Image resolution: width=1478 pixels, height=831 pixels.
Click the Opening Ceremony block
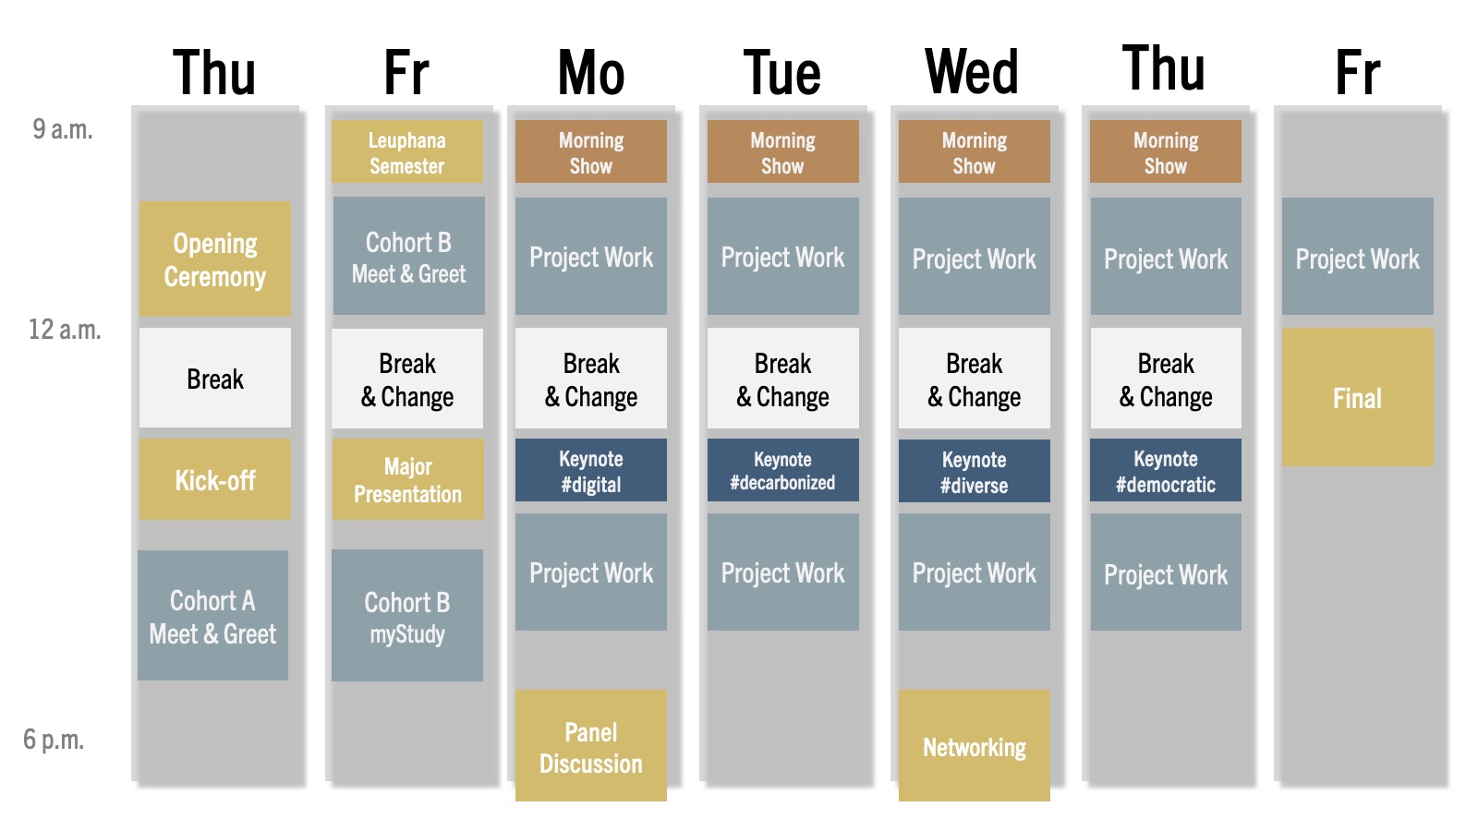215,259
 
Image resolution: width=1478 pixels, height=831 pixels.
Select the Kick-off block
215,479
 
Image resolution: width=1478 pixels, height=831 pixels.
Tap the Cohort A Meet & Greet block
213,615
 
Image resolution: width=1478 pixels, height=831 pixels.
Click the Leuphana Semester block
407,151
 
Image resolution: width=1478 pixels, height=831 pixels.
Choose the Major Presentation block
407,479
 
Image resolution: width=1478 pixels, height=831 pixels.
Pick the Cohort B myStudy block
407,615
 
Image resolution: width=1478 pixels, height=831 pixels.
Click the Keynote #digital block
591,470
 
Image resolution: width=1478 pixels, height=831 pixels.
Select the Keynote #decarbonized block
783,470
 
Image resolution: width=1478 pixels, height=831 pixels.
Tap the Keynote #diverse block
975,471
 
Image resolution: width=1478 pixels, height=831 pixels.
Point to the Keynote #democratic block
1166,470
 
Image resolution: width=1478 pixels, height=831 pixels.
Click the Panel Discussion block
591,746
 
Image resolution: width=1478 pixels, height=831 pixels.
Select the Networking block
975,746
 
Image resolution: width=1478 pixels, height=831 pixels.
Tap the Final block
1358,398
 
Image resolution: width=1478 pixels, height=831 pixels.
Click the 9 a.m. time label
63,129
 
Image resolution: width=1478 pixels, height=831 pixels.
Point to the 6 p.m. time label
54,740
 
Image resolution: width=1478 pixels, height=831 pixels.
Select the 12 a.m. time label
65,330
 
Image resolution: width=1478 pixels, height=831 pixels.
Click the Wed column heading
972,71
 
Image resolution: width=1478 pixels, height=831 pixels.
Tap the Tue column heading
782,73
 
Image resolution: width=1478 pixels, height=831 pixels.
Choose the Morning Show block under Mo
591,151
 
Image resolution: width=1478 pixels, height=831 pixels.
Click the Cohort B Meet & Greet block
409,256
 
